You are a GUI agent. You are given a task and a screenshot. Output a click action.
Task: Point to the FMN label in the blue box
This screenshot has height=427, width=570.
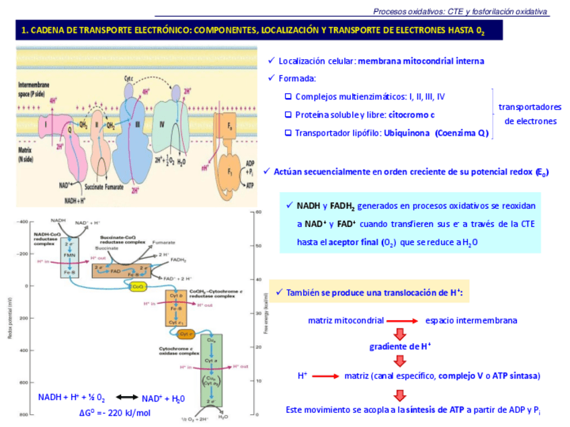[69, 254]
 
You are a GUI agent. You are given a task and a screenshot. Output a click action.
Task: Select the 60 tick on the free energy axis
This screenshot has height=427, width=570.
[258, 213]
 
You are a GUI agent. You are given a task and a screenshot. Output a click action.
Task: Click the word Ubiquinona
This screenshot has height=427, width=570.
[407, 133]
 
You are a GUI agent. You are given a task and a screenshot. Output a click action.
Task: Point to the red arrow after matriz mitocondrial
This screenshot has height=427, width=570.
[402, 321]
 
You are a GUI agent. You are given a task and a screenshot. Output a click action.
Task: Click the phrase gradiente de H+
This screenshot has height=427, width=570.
[400, 346]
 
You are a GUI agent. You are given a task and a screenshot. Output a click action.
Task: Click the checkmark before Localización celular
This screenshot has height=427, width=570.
[271, 61]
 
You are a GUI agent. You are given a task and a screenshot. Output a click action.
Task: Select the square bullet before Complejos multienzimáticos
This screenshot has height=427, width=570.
[288, 97]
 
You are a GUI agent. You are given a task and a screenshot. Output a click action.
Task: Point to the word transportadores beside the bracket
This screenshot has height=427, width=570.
[530, 107]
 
